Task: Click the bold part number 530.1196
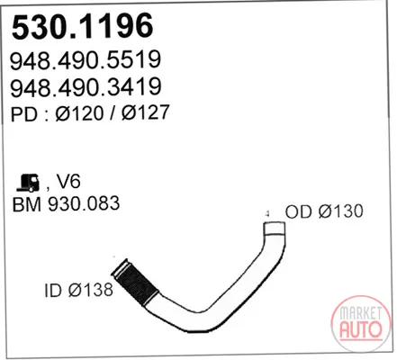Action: pyautogui.click(x=83, y=26)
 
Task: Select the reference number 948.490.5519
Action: pyautogui.click(x=86, y=60)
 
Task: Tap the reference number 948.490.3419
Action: pyautogui.click(x=86, y=87)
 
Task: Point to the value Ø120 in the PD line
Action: pyautogui.click(x=79, y=113)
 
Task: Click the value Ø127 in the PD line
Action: pyautogui.click(x=146, y=112)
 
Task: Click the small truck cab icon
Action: pyautogui.click(x=28, y=183)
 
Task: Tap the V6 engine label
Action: pyautogui.click(x=68, y=182)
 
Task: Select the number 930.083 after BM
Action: pyautogui.click(x=84, y=203)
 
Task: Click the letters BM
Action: pyautogui.click(x=27, y=204)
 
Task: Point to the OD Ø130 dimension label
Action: pyautogui.click(x=324, y=211)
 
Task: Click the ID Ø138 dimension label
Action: pyautogui.click(x=78, y=290)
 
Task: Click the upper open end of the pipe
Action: pyautogui.click(x=275, y=223)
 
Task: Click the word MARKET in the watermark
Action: pyautogui.click(x=361, y=313)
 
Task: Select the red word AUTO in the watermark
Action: pyautogui.click(x=361, y=329)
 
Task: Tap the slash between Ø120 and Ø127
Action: pyautogui.click(x=113, y=113)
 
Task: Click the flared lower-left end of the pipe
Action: pyautogui.click(x=119, y=267)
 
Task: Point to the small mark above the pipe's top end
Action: pyautogui.click(x=266, y=213)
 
